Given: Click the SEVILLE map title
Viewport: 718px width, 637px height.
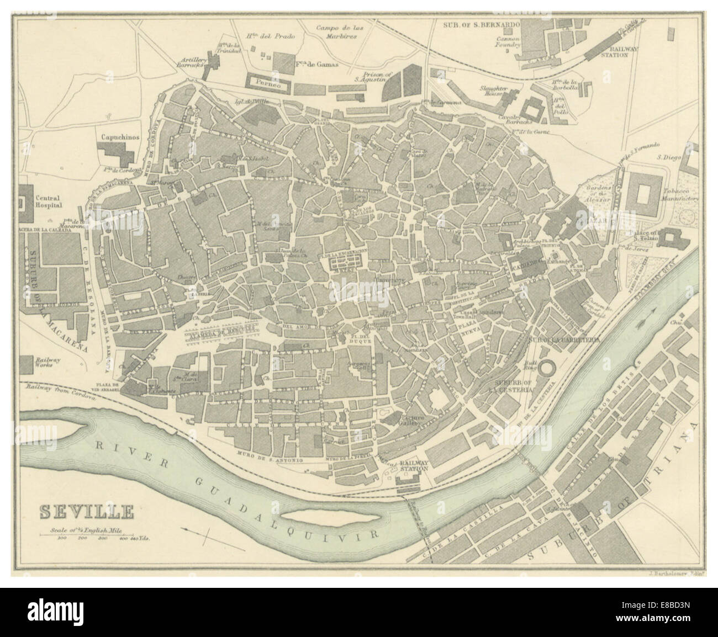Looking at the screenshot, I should point(87,511).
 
